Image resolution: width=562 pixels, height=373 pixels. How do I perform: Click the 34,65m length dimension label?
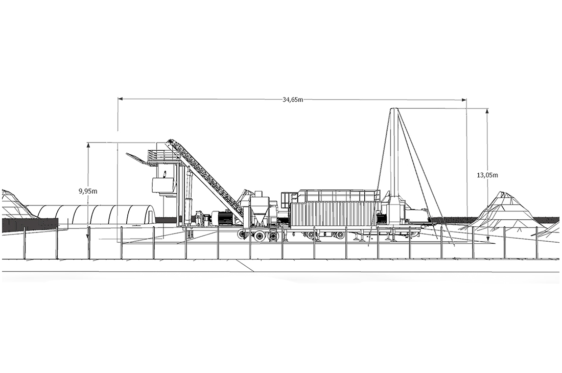click(x=292, y=100)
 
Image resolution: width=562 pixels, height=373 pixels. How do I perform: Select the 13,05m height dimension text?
click(x=487, y=175)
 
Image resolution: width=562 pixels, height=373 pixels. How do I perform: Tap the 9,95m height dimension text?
click(x=88, y=191)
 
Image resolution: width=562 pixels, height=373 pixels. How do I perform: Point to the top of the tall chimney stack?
click(x=393, y=110)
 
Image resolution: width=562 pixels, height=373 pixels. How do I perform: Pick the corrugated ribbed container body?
click(x=334, y=214)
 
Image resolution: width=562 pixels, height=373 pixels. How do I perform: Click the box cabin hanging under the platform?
click(x=164, y=185)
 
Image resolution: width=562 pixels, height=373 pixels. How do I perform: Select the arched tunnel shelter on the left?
click(x=92, y=215)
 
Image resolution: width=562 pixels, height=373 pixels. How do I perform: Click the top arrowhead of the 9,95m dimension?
click(x=88, y=145)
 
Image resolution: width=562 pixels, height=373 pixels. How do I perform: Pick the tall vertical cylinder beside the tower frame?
click(x=189, y=197)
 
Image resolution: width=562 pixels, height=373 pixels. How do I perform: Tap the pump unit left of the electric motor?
click(x=202, y=219)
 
